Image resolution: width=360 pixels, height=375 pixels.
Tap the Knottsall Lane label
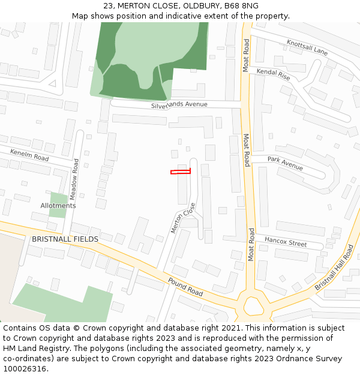point(307,47)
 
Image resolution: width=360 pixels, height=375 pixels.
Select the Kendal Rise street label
point(273,75)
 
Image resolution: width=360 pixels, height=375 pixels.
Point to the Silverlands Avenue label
point(179,104)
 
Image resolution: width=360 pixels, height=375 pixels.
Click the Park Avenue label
point(285,163)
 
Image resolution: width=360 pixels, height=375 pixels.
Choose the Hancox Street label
point(286,242)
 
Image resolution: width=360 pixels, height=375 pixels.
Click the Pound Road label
point(185,287)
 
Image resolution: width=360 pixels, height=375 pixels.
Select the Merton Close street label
point(184,218)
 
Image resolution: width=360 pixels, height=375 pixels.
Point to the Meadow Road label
point(74,179)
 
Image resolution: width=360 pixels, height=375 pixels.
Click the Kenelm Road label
point(29,155)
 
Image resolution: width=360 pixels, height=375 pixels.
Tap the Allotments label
point(58,206)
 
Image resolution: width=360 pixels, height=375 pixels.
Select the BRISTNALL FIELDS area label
point(65,239)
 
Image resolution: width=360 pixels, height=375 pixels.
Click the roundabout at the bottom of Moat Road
point(252,307)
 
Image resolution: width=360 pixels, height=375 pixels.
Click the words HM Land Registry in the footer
point(37,349)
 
